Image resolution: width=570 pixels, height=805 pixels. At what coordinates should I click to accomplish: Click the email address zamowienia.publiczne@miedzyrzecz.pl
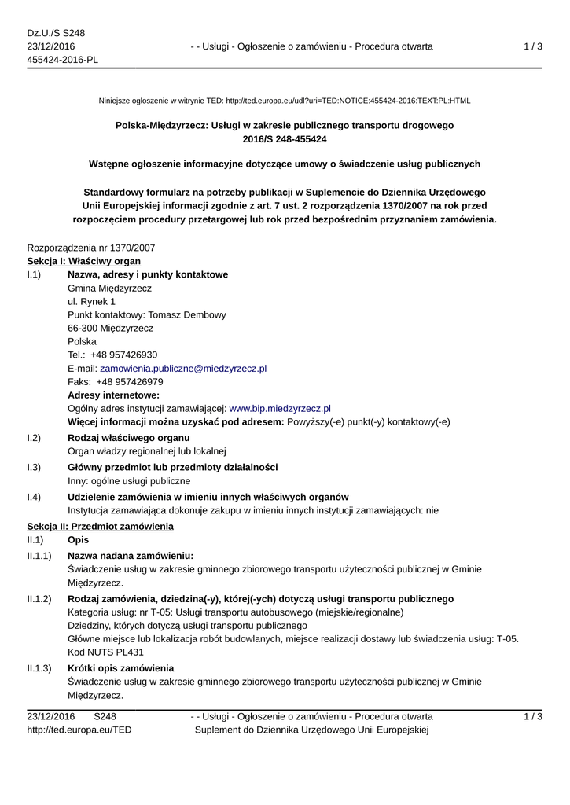(x=183, y=368)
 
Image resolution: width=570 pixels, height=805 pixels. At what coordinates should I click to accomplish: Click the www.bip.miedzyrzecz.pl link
(x=279, y=409)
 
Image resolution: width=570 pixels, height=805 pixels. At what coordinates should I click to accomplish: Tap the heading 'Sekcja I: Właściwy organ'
(x=84, y=261)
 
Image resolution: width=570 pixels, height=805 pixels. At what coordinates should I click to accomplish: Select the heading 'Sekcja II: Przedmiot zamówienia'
(x=100, y=526)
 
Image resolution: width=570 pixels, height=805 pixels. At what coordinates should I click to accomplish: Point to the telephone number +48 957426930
(x=123, y=355)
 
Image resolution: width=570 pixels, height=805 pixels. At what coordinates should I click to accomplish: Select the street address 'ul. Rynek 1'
(x=92, y=301)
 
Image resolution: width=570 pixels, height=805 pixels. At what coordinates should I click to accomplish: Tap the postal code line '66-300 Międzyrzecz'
(x=111, y=328)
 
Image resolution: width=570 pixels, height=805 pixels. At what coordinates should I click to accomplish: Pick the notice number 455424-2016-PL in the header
(x=63, y=61)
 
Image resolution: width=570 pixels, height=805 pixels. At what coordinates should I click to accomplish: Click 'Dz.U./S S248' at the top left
(x=56, y=33)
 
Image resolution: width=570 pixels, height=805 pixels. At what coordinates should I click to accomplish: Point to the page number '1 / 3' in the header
(x=533, y=47)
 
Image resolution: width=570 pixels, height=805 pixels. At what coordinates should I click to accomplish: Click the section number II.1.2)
(x=39, y=599)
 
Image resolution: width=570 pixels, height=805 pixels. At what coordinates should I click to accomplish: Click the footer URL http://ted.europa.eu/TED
(x=79, y=730)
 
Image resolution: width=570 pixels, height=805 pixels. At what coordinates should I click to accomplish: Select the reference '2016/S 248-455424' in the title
(x=284, y=139)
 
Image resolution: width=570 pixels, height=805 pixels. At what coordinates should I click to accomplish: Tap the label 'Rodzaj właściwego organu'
(x=129, y=438)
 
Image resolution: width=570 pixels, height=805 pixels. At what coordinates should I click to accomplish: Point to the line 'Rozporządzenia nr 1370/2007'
(x=91, y=248)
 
